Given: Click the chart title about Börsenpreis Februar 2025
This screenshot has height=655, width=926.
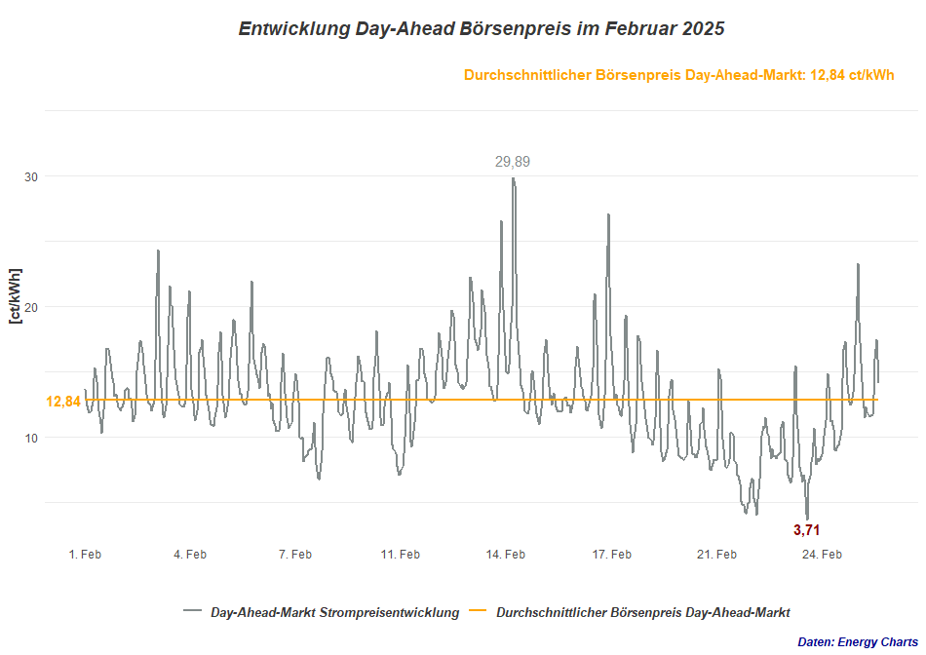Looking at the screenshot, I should (x=482, y=29).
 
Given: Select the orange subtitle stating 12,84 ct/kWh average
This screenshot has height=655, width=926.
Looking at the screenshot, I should (x=679, y=75).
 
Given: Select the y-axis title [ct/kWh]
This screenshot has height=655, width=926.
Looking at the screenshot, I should (x=15, y=294).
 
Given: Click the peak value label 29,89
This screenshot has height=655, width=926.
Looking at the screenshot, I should (x=513, y=162).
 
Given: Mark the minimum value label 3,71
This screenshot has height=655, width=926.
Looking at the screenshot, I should (x=807, y=530).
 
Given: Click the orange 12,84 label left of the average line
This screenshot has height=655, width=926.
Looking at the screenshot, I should (x=63, y=402).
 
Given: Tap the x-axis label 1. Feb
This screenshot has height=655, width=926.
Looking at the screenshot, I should (x=85, y=555).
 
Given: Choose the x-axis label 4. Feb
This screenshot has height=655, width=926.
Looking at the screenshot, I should (x=190, y=555).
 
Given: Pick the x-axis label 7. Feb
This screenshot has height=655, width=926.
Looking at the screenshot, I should (x=295, y=555).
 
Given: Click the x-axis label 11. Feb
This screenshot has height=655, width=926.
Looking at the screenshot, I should (x=401, y=555).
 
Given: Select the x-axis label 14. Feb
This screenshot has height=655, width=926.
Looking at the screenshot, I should (x=506, y=555).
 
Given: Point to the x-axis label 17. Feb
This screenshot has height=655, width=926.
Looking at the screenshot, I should (x=611, y=555).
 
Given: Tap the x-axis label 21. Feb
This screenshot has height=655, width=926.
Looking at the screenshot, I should (x=716, y=555).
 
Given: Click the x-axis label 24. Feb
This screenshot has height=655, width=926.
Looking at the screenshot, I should (x=822, y=555).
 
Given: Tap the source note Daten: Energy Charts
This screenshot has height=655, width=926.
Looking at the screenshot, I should (x=858, y=642).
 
